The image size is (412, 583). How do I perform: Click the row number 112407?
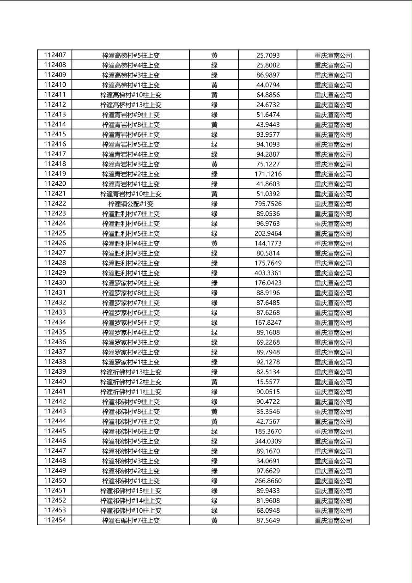[x=55, y=55]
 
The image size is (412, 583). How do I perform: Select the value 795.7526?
[x=268, y=204]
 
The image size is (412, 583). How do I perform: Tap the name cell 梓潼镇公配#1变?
[x=131, y=204]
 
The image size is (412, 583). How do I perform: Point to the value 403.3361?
[x=268, y=273]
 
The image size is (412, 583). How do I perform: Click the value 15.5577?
[x=268, y=382]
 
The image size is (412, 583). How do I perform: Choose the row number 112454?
[x=55, y=520]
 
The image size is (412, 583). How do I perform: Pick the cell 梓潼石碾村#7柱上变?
[x=131, y=521]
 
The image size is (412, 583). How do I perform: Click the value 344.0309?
[x=268, y=441]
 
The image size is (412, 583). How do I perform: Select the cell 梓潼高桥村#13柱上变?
[x=131, y=105]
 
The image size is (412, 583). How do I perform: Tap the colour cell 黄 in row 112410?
[x=214, y=85]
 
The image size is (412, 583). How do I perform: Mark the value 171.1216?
[x=268, y=174]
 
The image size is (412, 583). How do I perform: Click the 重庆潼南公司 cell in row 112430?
[x=333, y=283]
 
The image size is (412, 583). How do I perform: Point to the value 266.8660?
[x=268, y=481]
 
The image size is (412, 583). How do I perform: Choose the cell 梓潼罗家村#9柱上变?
[x=131, y=283]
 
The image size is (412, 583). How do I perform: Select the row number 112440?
[x=55, y=382]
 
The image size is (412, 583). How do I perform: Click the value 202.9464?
[x=268, y=233]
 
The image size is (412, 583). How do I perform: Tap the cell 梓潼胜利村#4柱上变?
[x=131, y=243]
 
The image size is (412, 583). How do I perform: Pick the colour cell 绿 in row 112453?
[x=214, y=510]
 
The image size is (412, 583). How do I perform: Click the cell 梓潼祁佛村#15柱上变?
[x=131, y=491]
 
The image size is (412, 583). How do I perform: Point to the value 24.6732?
[x=268, y=105]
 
